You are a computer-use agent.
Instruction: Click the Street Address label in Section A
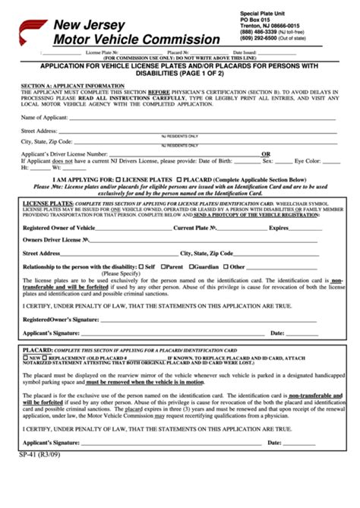point(39,131)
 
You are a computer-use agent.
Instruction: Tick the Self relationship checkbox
point(141,267)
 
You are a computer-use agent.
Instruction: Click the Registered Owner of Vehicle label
point(59,228)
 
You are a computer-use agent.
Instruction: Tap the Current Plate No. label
point(196,228)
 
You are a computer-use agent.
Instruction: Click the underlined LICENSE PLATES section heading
point(48,204)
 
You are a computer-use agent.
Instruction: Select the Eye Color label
point(308,160)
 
